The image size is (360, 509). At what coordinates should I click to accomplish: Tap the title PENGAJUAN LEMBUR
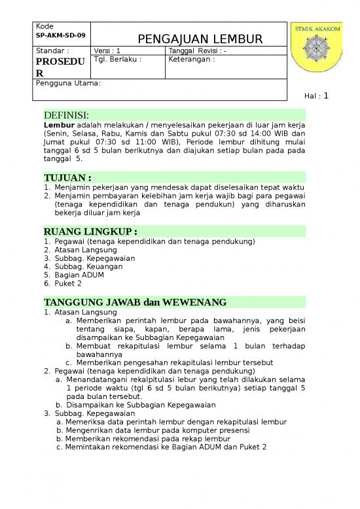pyautogui.click(x=200, y=39)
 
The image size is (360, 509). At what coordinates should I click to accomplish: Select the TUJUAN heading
pyautogui.click(x=67, y=178)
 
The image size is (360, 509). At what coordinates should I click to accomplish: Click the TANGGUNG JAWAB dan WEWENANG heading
pyautogui.click(x=134, y=302)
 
